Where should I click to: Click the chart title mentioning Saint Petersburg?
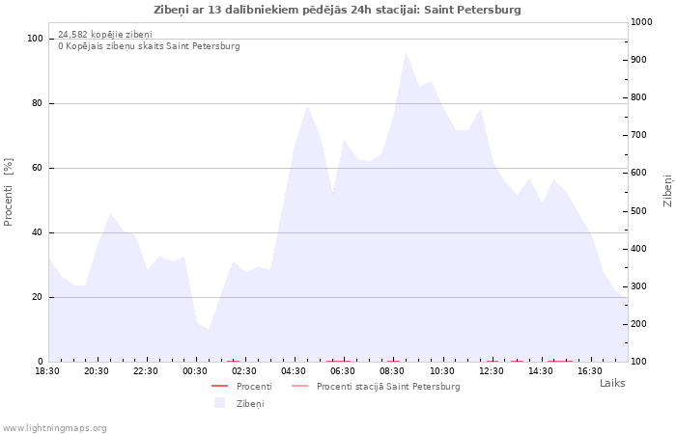[337, 10]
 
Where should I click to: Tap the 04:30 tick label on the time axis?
[294, 371]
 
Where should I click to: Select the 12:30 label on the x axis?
[491, 371]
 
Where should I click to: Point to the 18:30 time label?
[47, 371]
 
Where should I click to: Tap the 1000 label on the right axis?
[641, 22]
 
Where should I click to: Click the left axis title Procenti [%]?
[8, 192]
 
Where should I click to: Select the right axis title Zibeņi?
[667, 191]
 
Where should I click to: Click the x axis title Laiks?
[612, 383]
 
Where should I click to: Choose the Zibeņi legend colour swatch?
[220, 403]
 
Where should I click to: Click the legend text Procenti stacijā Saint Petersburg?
[388, 387]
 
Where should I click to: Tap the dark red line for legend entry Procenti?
[219, 386]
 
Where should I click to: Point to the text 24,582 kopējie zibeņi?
[105, 35]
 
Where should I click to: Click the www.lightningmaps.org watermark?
[54, 428]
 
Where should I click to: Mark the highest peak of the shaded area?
[406, 52]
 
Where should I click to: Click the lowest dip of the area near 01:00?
[209, 330]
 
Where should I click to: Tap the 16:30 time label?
[590, 371]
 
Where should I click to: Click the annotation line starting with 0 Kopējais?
[149, 46]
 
